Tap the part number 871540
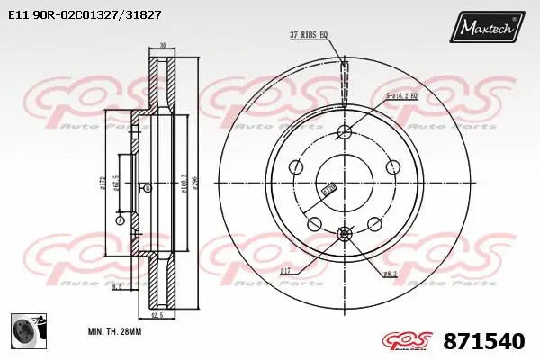click(485, 341)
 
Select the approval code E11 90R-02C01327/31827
click(85, 15)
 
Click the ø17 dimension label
click(285, 270)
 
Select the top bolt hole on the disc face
click(344, 133)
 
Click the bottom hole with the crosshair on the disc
click(344, 234)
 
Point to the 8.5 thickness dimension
click(117, 286)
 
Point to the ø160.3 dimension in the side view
click(183, 184)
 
